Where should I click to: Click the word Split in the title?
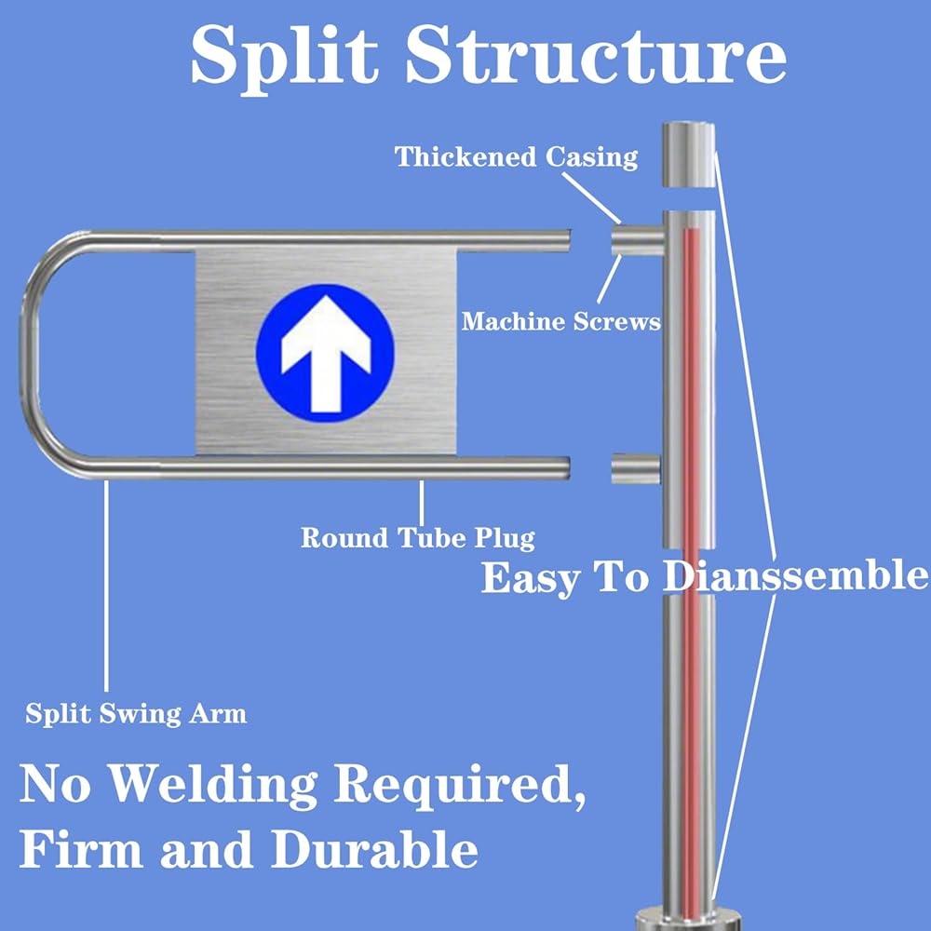point(285,58)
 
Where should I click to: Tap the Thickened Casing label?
point(517,158)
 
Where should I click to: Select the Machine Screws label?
point(561,321)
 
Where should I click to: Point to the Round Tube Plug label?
point(418,538)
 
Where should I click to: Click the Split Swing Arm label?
point(136,714)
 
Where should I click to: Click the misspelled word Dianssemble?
point(796,576)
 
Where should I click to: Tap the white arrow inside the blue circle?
point(326,354)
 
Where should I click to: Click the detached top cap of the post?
point(689,155)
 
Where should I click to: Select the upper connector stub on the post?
point(638,239)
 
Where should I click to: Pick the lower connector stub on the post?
point(636,468)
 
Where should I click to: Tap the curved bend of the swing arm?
point(31,354)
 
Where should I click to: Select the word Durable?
point(374,848)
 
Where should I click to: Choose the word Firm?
point(81,848)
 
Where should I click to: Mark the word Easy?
point(531,578)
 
